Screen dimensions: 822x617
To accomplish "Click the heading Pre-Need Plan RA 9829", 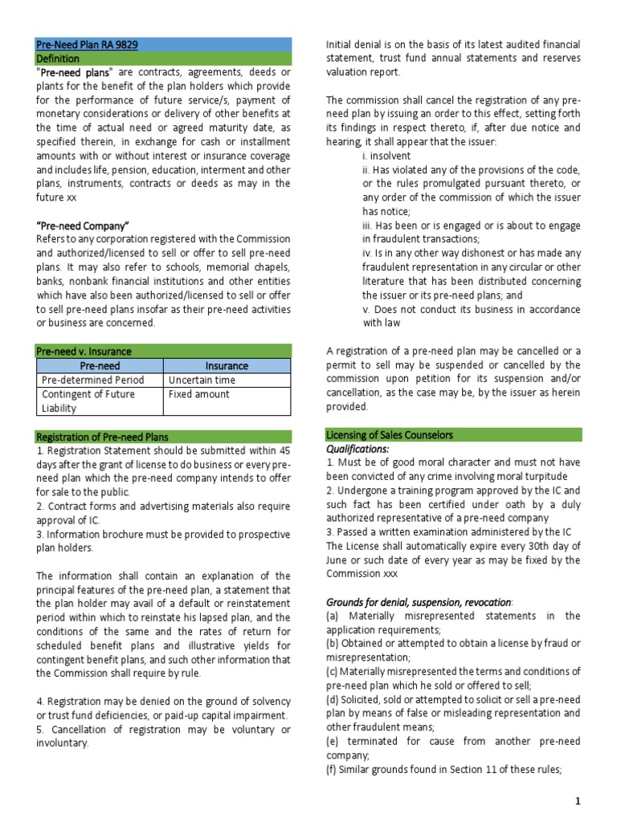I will point(87,45).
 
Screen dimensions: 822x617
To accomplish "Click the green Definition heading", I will point(58,59).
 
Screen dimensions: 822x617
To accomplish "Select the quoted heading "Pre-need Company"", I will point(83,225).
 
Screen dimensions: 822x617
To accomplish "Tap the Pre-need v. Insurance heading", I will point(84,351).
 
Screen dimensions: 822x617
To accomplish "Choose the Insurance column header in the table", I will point(227,365).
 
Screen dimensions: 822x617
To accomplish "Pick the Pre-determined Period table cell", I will point(92,380).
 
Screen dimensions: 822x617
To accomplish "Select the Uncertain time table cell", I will point(202,380).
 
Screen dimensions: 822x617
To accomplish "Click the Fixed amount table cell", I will point(198,394).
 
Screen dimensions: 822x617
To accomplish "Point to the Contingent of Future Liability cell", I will point(88,401).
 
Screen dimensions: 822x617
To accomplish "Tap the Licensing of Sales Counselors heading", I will point(389,435).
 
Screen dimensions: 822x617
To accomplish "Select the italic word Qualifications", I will point(358,450).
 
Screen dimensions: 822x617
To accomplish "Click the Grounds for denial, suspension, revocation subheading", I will point(418,601).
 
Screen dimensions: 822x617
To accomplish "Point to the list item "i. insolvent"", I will point(386,156).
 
